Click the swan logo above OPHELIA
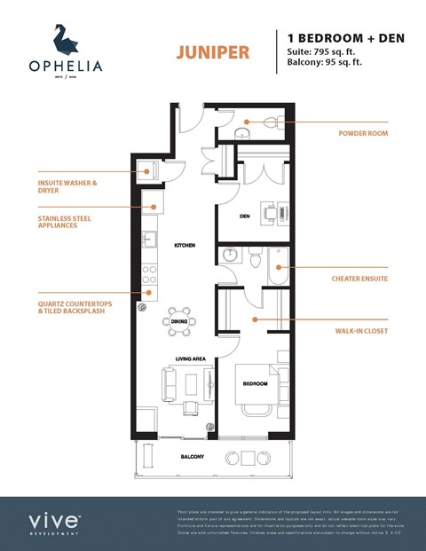(x=63, y=40)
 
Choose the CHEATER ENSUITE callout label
(x=359, y=279)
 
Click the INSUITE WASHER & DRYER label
(x=67, y=187)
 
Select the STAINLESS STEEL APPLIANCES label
(x=64, y=222)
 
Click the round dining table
(x=178, y=323)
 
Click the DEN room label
(x=244, y=216)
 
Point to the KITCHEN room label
(x=184, y=245)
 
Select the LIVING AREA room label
(x=190, y=358)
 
